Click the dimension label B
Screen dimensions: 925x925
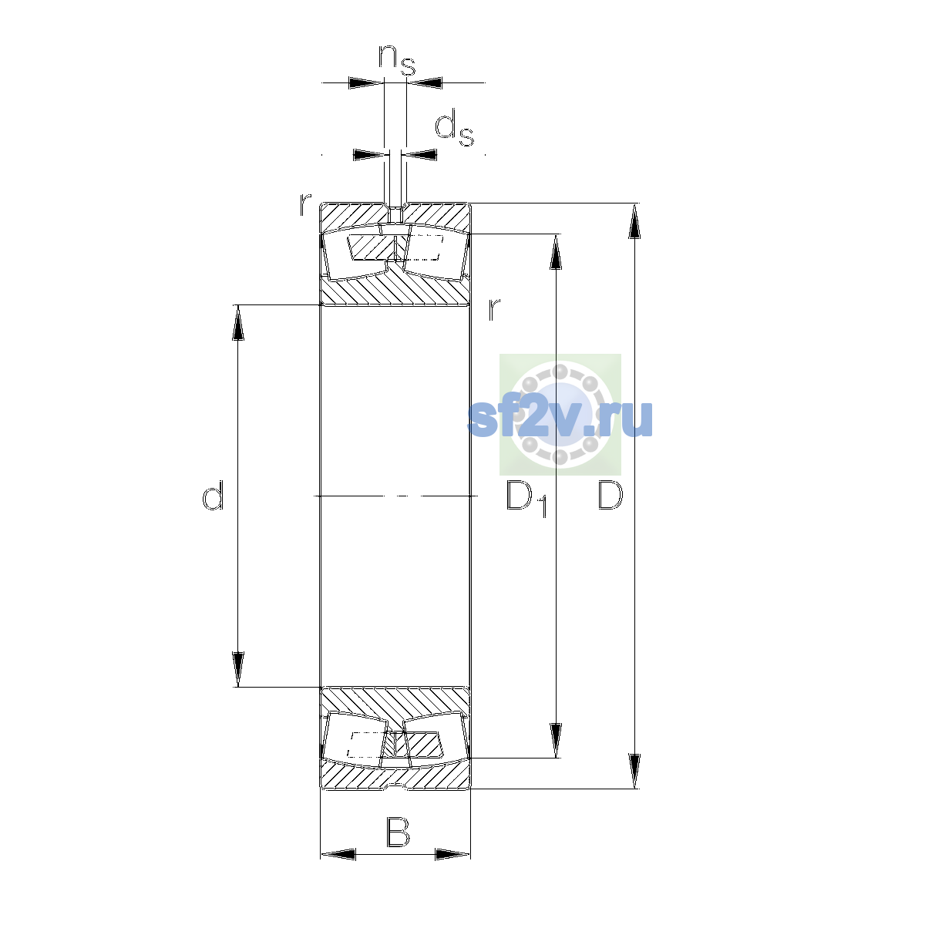coord(398,832)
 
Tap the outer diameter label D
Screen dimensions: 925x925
coord(610,494)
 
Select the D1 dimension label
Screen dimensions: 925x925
coord(526,498)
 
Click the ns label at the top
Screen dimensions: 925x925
coord(396,60)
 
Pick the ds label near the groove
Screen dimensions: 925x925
coord(454,128)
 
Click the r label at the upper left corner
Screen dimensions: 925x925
coord(305,204)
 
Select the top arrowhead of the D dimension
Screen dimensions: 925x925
coord(634,220)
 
